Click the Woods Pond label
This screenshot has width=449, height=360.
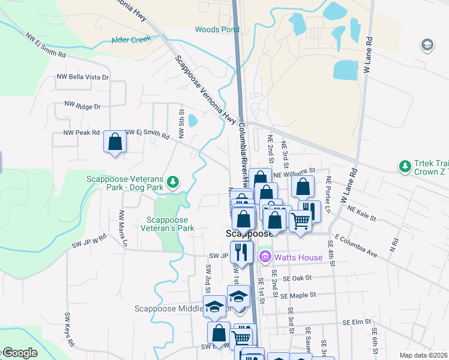pos(213,29)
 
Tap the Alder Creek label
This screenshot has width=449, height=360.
pos(131,40)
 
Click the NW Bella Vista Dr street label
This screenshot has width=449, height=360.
pos(83,77)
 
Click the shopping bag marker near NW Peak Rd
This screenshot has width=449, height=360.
pos(115,143)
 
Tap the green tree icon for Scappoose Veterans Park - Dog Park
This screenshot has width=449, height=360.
pos(173,181)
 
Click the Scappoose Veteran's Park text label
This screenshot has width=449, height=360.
pos(167,224)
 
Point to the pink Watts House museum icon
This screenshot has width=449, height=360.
pos(265,257)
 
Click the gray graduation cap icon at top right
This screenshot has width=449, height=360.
pos(427,45)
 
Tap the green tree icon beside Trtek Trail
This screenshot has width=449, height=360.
pos(405,165)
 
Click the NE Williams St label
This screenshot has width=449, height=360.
pos(294,173)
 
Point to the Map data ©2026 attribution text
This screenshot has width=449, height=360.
pos(423,355)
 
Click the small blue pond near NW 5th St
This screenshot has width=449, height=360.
pos(193,121)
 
